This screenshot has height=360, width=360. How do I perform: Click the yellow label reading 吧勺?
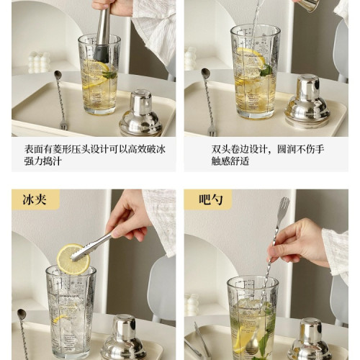pos(208,199)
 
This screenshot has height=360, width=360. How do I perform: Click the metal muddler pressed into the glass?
pos(103,32)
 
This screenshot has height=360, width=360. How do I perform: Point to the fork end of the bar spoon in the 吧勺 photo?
pos(283,209)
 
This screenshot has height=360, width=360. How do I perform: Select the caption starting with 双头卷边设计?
pos(258,150)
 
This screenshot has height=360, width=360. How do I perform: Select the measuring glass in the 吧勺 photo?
pos(252,317)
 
